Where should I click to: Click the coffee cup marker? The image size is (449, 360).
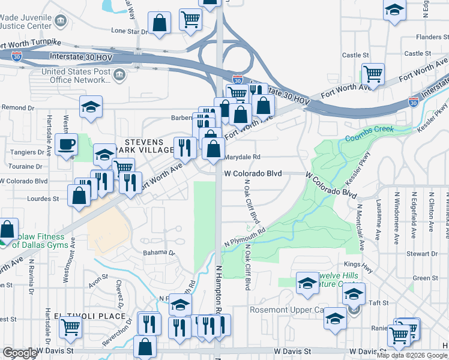pos(66,145)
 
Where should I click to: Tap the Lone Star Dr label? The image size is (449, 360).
pos(128,31)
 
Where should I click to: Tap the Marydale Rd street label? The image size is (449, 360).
pos(242,157)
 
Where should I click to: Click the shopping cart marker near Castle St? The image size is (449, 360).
pos(373,74)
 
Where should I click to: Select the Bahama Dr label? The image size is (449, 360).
pos(157,253)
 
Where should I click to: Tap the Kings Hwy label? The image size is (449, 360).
pos(355,264)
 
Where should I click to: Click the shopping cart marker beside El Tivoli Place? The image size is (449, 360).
pos(71,328)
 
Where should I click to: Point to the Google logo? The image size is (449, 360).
pos(19,353)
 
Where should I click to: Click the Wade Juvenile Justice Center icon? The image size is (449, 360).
pos(61,22)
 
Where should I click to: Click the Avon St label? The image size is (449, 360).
pos(97,277)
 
